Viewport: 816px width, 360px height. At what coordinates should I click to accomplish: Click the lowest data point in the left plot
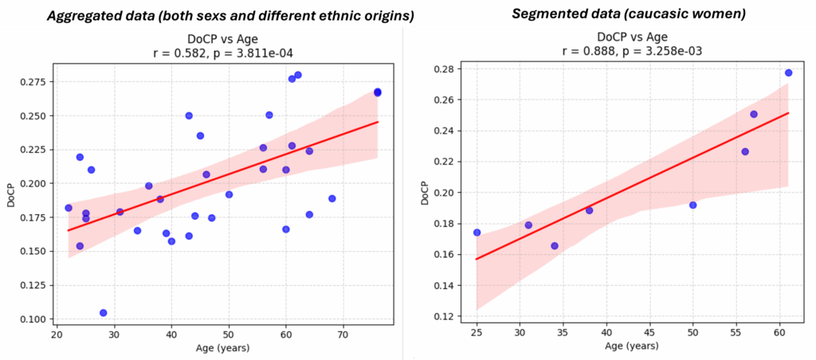103,313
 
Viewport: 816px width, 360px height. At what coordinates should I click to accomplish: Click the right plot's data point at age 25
477,233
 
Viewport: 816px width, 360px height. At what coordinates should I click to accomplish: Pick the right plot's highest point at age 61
788,72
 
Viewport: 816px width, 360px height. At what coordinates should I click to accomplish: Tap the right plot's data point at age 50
692,205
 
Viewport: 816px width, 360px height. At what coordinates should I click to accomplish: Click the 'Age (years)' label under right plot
631,346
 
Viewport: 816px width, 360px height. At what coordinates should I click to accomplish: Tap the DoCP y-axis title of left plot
10,196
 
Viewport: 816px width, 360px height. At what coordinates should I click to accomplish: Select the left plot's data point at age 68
331,198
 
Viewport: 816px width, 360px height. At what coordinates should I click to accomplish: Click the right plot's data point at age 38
589,210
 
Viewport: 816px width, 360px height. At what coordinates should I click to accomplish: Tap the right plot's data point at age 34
555,246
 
